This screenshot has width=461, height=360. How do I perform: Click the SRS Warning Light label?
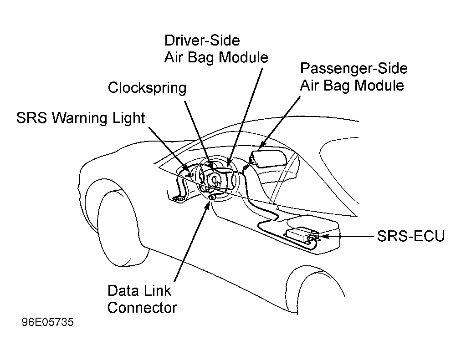81,118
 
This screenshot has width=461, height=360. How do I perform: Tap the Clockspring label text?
147,88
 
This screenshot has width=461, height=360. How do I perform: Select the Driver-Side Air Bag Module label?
216,49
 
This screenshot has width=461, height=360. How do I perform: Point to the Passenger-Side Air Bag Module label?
353,77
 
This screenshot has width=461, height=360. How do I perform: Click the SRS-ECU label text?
411,236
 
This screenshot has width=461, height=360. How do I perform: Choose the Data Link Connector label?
142,299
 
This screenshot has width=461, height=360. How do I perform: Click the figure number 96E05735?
48,322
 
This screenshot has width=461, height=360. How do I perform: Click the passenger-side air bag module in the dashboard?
269,158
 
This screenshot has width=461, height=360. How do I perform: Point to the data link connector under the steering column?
213,197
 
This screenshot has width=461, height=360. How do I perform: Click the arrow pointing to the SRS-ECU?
347,236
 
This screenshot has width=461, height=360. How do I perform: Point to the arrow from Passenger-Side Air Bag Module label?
280,122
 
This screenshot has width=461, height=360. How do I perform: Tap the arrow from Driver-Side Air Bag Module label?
245,117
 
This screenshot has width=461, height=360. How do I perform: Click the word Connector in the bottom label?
142,308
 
